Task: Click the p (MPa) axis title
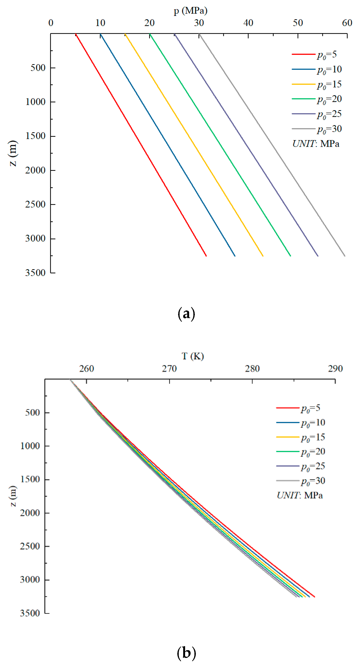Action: pos(191,11)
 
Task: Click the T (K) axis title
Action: pos(193,356)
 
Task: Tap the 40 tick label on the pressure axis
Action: pos(248,23)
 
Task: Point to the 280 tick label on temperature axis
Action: pos(252,369)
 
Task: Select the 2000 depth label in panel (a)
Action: pos(35,170)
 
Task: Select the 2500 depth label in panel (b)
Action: pos(30,546)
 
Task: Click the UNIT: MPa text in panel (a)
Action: pos(316,144)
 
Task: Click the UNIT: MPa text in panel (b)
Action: pos(300,495)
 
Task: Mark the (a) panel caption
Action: pos(186,314)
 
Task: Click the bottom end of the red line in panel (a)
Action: pos(206,256)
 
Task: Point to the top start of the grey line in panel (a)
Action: pos(199,34)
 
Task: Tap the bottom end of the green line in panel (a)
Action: pos(290,256)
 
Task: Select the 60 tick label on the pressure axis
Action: pos(347,23)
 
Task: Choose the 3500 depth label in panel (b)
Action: pos(30,613)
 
